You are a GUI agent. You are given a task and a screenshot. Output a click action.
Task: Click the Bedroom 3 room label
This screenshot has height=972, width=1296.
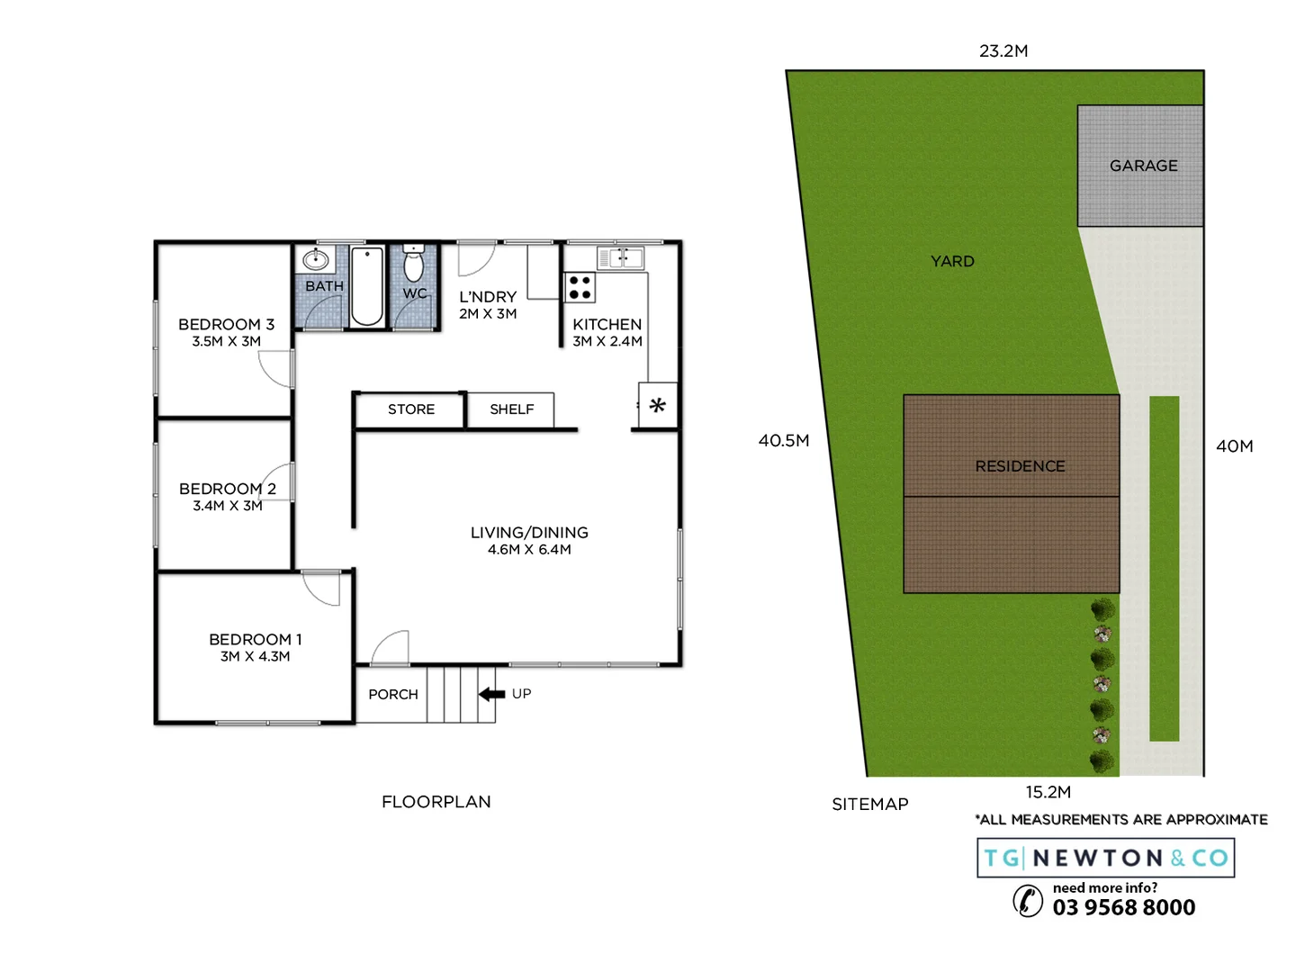pos(226,324)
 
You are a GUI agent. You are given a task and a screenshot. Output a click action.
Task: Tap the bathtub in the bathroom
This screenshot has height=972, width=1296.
pos(366,286)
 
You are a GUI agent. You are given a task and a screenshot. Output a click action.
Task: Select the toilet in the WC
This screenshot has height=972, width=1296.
pos(413,265)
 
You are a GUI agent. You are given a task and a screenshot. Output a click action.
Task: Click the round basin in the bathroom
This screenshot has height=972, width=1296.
pos(315,260)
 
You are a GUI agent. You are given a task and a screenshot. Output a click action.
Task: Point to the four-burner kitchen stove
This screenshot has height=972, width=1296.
pos(580,288)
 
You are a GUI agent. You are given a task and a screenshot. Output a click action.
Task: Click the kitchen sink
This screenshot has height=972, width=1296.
pos(621,258)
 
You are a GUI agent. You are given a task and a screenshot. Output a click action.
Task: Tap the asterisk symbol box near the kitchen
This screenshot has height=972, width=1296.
pos(658,406)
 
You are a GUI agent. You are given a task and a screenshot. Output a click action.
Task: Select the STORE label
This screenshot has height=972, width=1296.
pos(411,409)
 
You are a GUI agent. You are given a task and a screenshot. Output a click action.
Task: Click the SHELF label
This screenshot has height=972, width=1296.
pos(511,409)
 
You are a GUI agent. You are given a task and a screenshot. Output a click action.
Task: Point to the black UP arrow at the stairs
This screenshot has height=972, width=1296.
pos(491,694)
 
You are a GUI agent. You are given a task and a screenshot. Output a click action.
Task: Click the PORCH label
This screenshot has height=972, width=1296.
pos(393,695)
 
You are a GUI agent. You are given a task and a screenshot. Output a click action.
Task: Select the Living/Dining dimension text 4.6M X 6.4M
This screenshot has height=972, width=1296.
pos(529,550)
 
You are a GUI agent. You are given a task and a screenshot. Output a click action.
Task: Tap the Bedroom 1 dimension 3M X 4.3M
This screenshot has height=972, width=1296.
pos(255,657)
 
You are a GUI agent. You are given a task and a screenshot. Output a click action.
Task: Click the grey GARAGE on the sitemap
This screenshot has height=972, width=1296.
pos(1141,166)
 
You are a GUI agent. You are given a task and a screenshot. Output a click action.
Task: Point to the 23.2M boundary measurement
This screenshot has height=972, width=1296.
pos(1003,51)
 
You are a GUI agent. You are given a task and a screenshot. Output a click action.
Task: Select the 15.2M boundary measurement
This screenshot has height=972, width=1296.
pos(1048,792)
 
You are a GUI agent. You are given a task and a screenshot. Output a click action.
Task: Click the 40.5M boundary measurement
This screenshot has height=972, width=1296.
pos(783,440)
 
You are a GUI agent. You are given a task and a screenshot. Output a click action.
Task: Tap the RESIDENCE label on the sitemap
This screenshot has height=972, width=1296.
pos(1020,466)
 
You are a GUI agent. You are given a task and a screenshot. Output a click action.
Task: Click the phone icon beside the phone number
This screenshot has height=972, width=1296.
pos(1028,900)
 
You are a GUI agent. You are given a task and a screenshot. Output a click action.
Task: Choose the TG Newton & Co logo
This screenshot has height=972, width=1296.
pos(1105,858)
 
